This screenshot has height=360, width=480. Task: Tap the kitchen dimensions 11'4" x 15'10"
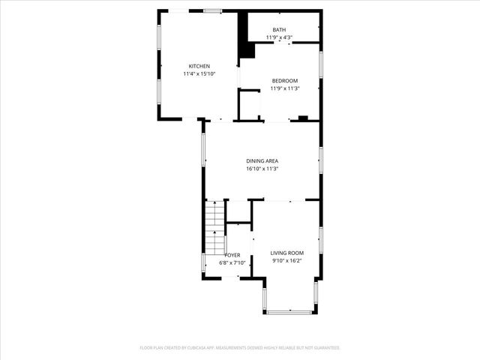199,74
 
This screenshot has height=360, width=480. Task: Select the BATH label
278,30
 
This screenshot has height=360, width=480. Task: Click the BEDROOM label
285,81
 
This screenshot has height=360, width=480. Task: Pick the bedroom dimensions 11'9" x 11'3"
285,88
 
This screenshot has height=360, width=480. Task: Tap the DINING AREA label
262,160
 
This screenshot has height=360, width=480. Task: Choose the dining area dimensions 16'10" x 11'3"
262,169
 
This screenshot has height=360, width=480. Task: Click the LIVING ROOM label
287,253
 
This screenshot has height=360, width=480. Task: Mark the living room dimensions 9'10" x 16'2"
287,262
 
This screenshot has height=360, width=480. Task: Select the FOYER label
232,255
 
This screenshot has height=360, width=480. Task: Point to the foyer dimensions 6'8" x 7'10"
232,262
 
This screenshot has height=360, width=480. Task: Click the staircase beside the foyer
215,229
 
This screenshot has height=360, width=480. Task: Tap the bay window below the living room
289,311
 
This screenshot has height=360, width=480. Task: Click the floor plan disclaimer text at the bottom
240,348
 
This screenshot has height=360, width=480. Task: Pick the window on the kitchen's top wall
213,10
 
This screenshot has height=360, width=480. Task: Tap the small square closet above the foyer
238,211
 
